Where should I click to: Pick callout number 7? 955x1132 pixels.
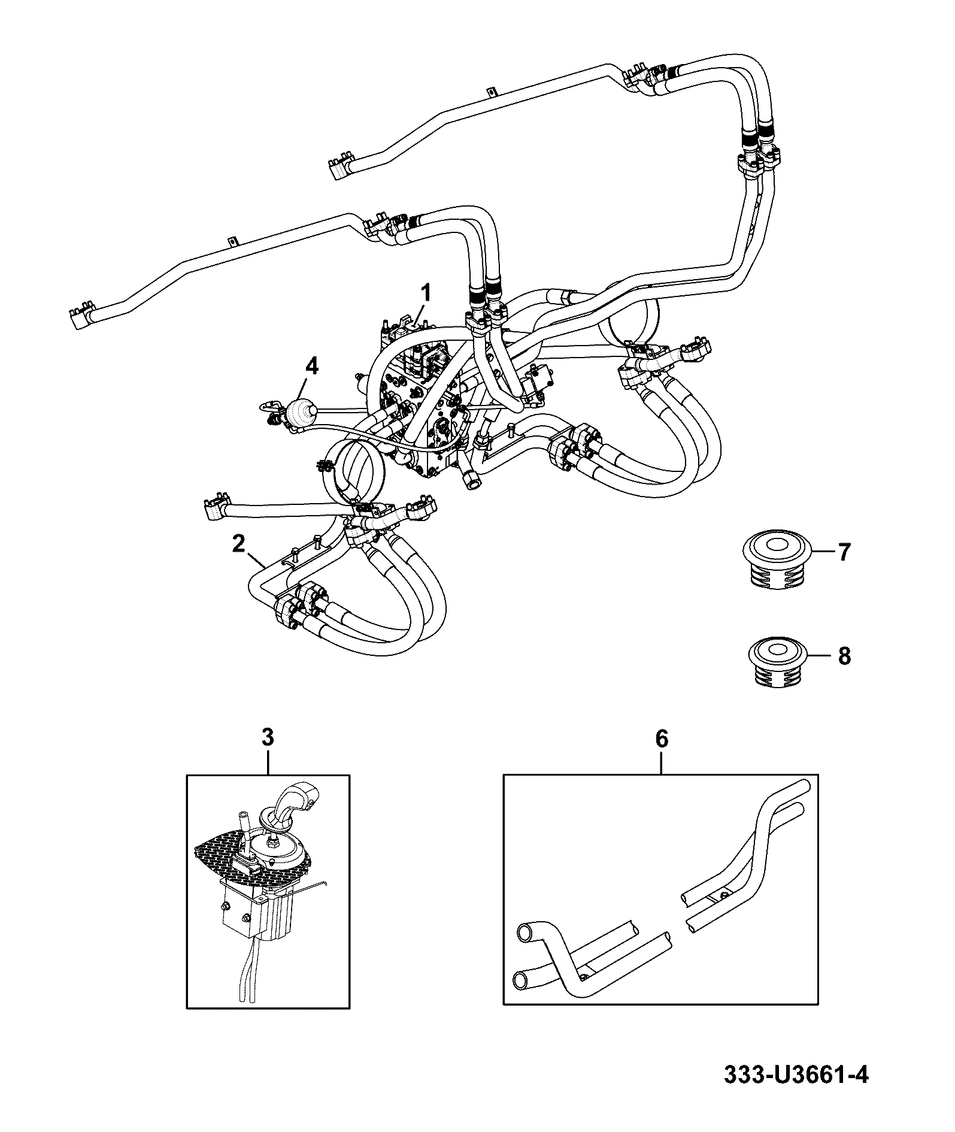[x=844, y=552]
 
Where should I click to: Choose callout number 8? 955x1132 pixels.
[x=844, y=656]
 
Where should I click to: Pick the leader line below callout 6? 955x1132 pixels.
[x=661, y=762]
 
